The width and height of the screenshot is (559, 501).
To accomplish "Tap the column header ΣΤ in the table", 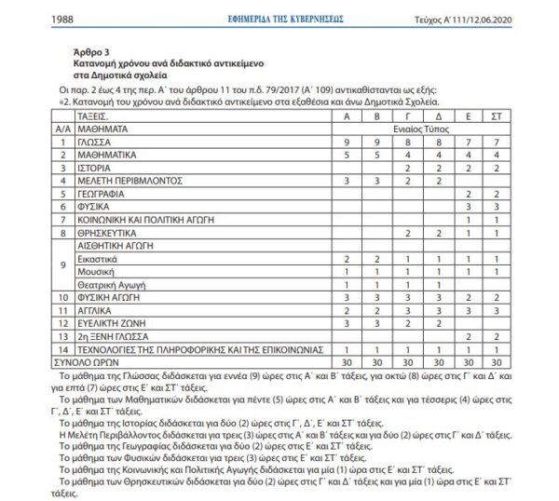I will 498,118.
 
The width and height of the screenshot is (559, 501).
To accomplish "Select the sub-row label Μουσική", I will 98,270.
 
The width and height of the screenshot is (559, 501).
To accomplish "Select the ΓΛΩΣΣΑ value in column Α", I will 347,142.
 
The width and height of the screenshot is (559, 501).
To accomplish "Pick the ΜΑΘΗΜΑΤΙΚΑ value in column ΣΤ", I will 498,156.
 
